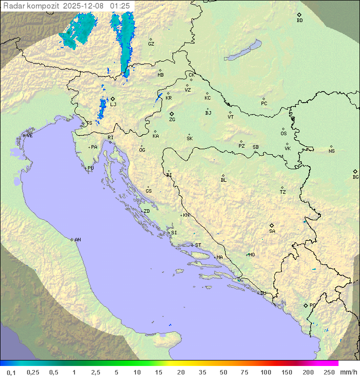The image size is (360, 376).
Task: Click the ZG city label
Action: tap(172, 120)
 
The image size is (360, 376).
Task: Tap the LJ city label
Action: tap(113, 104)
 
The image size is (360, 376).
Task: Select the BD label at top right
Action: tap(299, 21)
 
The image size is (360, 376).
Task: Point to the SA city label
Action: tap(272, 231)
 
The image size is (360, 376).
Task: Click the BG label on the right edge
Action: tap(355, 177)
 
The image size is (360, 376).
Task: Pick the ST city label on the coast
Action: tap(198, 245)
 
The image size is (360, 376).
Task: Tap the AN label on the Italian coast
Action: tap(77, 240)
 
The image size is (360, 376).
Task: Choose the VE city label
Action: tap(29, 136)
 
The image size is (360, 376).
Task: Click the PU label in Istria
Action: tap(90, 168)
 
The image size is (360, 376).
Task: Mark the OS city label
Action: tap(283, 134)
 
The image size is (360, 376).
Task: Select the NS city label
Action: tap(331, 151)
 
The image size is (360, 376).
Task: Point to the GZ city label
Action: tap(151, 44)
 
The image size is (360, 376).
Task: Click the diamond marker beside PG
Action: tap(305, 305)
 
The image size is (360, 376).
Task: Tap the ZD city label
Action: tap(146, 211)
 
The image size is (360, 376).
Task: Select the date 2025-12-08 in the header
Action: tap(84, 6)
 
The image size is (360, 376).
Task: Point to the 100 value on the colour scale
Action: tap(265, 372)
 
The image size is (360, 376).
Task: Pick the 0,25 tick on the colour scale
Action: tap(33, 372)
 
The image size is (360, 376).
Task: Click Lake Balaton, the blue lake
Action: tap(242, 51)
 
